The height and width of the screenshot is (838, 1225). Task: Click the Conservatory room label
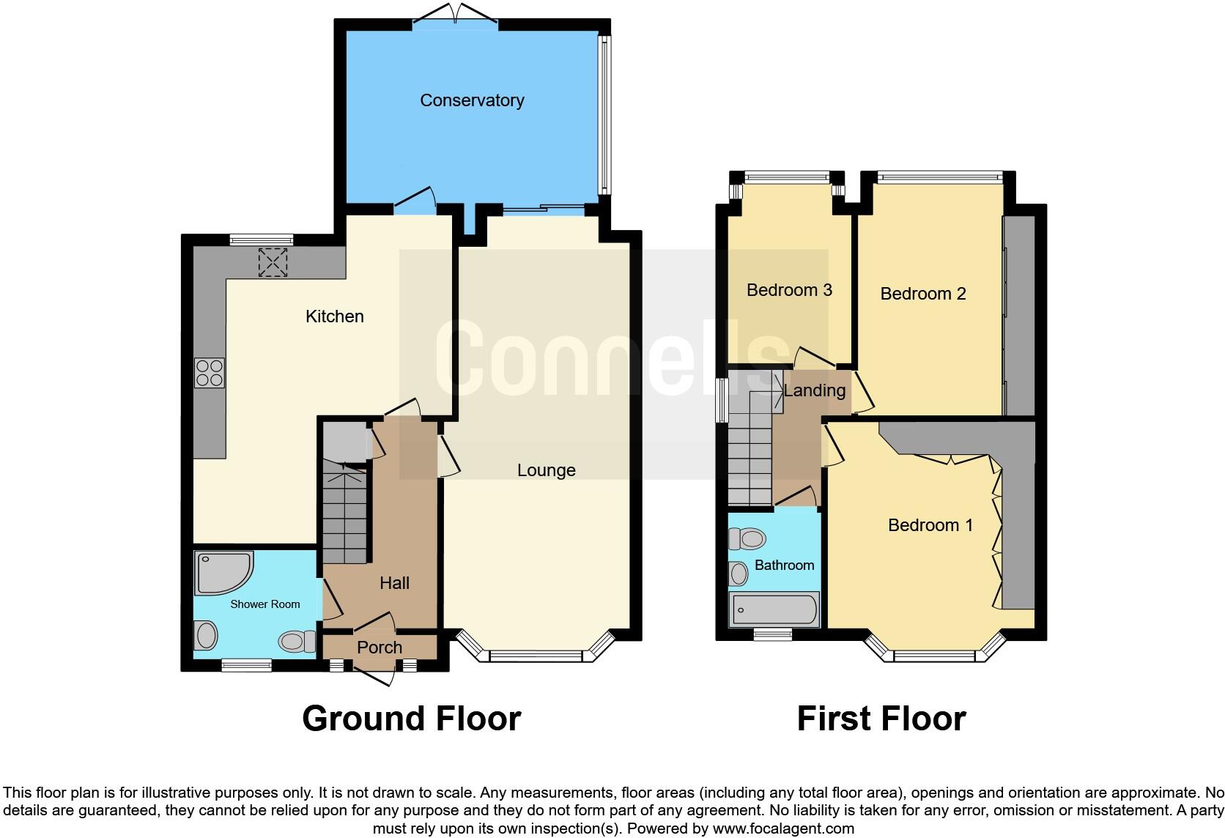pyautogui.click(x=472, y=100)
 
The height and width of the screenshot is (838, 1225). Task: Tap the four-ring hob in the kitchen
pyautogui.click(x=209, y=372)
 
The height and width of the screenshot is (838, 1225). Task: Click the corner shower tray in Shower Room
pyautogui.click(x=221, y=571)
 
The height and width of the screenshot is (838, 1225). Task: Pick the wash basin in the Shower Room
pyautogui.click(x=206, y=635)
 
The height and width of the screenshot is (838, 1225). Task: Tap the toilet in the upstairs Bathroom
pyautogui.click(x=748, y=539)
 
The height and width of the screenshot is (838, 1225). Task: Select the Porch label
pyautogui.click(x=380, y=648)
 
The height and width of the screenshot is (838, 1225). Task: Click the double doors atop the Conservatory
pyautogui.click(x=455, y=15)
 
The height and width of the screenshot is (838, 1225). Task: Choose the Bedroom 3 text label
pyautogui.click(x=789, y=290)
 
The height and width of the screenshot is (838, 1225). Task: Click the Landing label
pyautogui.click(x=814, y=390)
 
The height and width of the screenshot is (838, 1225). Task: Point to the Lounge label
pyautogui.click(x=546, y=470)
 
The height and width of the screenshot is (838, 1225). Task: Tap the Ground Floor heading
pyautogui.click(x=411, y=719)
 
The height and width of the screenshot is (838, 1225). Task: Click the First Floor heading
pyautogui.click(x=881, y=719)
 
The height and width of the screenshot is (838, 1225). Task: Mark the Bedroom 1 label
pyautogui.click(x=930, y=525)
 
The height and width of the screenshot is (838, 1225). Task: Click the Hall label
pyautogui.click(x=394, y=583)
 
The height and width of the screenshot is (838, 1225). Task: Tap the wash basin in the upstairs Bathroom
pyautogui.click(x=739, y=574)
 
